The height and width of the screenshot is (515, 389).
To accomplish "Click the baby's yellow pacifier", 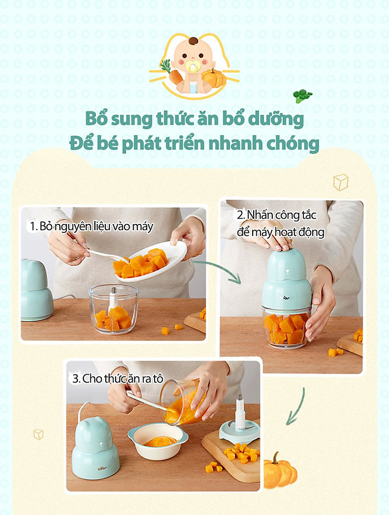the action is pyautogui.click(x=193, y=67).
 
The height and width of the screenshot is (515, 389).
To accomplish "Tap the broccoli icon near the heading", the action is pyautogui.click(x=302, y=96).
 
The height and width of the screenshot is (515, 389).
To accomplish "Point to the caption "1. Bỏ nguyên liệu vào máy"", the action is pyautogui.click(x=92, y=226).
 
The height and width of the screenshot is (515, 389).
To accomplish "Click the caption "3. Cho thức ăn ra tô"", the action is pyautogui.click(x=118, y=379).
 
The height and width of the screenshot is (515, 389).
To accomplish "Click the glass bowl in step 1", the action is pyautogui.click(x=114, y=309).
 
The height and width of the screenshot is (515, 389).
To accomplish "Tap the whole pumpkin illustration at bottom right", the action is pyautogui.click(x=280, y=470).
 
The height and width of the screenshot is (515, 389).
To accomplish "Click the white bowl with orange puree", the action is pyautogui.click(x=158, y=441).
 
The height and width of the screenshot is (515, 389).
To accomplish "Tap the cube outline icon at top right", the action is pyautogui.click(x=341, y=182).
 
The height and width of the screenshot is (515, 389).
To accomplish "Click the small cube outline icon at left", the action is pyautogui.click(x=38, y=434).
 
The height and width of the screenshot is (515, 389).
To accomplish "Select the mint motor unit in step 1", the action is pyautogui.click(x=37, y=290).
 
